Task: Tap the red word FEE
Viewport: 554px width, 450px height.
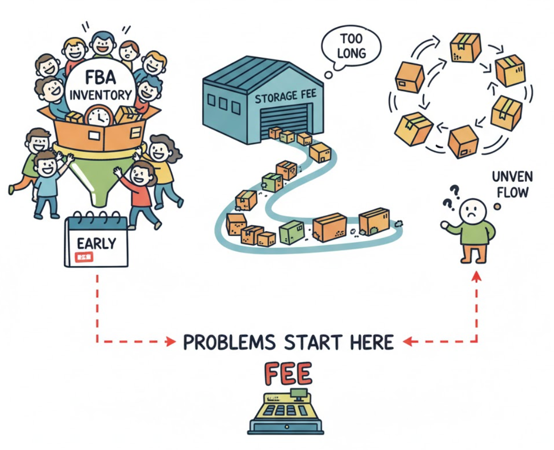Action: click(x=288, y=374)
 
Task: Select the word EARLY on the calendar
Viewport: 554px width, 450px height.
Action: click(x=96, y=243)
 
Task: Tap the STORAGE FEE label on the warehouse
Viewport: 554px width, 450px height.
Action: click(x=281, y=97)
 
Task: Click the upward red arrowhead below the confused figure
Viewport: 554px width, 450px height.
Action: click(x=476, y=277)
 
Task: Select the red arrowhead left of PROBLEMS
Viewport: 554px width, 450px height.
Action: click(x=171, y=341)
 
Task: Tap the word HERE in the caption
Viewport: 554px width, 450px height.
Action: click(x=372, y=342)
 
